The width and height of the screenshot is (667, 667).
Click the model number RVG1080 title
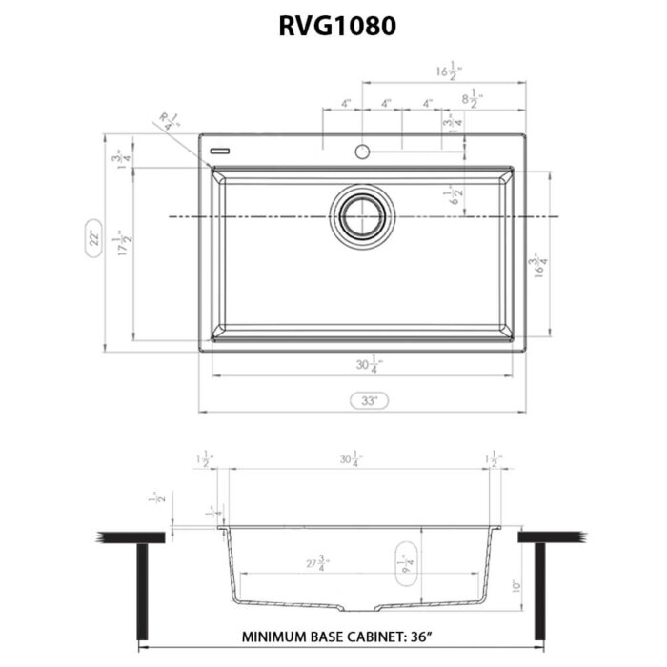tap(333, 28)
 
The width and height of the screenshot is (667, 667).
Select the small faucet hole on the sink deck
tap(362, 151)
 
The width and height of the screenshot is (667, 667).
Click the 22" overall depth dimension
tap(94, 239)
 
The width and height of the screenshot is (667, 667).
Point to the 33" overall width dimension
tap(362, 401)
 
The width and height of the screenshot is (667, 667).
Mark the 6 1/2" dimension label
tap(457, 196)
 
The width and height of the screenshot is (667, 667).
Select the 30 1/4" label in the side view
tap(350, 460)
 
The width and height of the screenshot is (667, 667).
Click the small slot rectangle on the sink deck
tap(222, 150)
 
